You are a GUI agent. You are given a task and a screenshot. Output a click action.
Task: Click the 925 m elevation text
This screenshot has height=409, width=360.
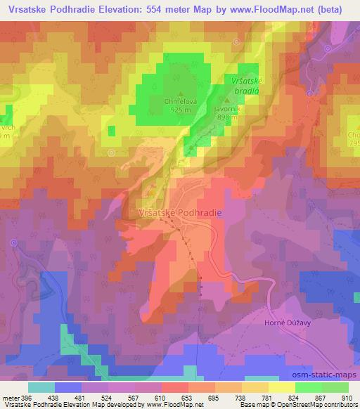(181, 111)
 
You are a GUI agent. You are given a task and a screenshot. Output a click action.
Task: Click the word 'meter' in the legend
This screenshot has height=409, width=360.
(11, 398)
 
